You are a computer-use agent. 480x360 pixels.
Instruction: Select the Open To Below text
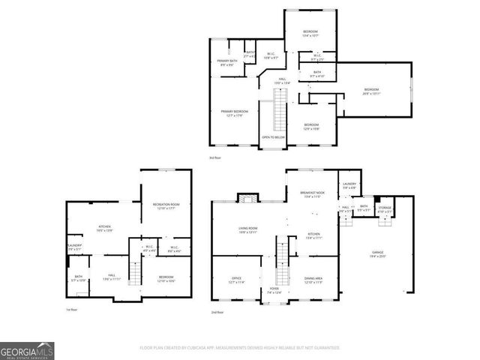tap(272, 138)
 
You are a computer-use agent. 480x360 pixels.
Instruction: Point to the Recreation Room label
tap(166, 205)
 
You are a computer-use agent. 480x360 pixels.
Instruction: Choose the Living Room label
tap(248, 229)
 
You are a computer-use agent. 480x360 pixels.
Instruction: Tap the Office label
tap(236, 280)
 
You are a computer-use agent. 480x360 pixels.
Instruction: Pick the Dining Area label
tap(313, 280)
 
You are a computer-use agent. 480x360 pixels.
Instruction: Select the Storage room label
tap(385, 208)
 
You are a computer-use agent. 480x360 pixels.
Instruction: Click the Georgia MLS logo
tap(27, 349)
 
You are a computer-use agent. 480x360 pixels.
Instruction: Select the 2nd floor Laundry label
tap(349, 185)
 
